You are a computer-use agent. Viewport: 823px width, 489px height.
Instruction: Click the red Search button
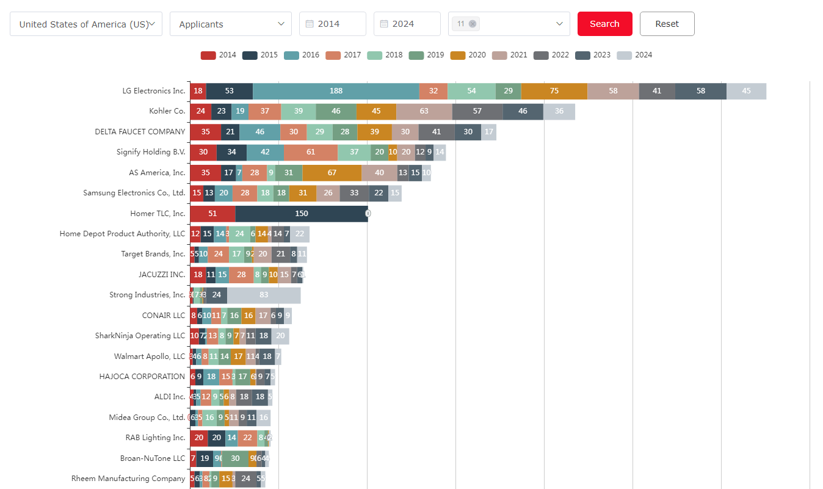point(604,24)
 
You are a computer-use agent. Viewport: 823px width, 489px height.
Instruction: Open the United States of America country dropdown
point(86,24)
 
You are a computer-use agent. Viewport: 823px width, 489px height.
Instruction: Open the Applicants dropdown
point(231,24)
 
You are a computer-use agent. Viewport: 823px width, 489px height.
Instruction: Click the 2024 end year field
point(407,24)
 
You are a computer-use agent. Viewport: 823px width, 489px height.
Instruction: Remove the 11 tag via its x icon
point(473,24)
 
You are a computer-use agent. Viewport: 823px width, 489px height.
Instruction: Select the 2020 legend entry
point(468,55)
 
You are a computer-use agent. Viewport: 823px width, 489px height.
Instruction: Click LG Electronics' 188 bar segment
point(336,91)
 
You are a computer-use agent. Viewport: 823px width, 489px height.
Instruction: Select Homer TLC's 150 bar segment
point(302,214)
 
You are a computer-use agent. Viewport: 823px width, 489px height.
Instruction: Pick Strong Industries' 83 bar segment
point(264,295)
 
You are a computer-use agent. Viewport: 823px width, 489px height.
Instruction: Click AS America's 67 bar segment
point(332,173)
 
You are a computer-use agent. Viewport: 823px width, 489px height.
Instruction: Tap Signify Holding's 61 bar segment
point(311,152)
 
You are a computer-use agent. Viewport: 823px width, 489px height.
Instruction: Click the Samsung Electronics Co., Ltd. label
point(134,193)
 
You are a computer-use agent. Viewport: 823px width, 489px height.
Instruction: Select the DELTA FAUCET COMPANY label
point(140,132)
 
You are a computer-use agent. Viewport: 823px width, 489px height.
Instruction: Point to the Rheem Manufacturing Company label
point(128,479)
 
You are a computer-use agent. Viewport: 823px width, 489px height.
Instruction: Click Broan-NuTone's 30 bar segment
point(235,458)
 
